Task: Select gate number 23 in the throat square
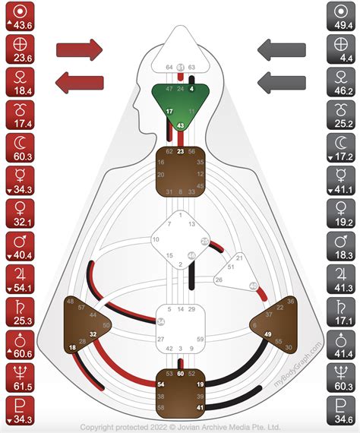click(x=181, y=151)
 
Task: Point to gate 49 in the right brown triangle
click(x=268, y=334)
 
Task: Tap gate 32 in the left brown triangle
click(x=93, y=333)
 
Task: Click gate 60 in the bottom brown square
click(x=181, y=374)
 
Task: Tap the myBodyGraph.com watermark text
click(x=303, y=364)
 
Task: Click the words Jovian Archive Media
click(x=219, y=428)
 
